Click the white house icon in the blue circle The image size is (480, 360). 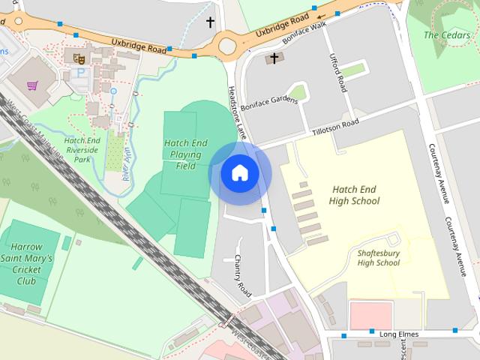(x=239, y=173)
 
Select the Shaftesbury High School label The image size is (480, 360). (x=378, y=257)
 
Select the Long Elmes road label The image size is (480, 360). (x=391, y=331)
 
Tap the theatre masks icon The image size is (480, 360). (x=78, y=57)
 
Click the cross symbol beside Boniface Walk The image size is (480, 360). (x=274, y=58)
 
